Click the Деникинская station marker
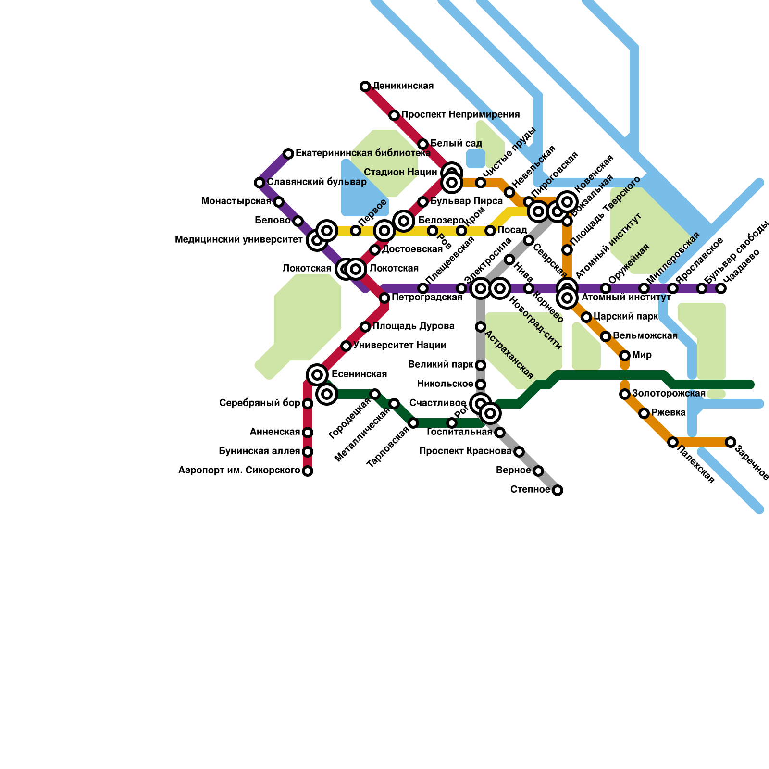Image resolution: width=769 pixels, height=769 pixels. (x=365, y=87)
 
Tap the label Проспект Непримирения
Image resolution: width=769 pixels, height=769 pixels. (x=460, y=115)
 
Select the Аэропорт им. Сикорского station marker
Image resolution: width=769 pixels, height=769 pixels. (x=308, y=471)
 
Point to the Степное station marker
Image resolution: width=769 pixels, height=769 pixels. (x=558, y=490)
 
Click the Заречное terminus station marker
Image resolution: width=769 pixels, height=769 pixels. (x=731, y=442)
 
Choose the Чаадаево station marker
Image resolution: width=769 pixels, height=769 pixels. (x=721, y=288)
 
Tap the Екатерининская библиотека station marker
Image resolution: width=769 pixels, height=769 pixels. (x=288, y=154)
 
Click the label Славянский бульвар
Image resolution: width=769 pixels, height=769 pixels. (x=317, y=182)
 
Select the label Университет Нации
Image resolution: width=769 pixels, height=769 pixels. (x=399, y=346)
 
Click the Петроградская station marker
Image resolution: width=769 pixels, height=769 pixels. (x=384, y=298)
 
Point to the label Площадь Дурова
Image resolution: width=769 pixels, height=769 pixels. (x=413, y=326)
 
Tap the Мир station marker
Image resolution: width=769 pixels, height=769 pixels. (x=625, y=356)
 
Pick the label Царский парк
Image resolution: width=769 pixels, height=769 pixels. (x=626, y=317)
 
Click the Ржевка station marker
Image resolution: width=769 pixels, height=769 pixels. (x=644, y=413)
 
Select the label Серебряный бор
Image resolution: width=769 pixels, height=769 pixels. (x=260, y=403)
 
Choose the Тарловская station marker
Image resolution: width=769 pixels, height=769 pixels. (x=413, y=423)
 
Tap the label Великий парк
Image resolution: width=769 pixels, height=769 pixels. (x=440, y=365)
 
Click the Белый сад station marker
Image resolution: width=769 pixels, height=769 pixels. (x=423, y=144)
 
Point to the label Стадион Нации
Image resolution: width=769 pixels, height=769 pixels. (x=400, y=172)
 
